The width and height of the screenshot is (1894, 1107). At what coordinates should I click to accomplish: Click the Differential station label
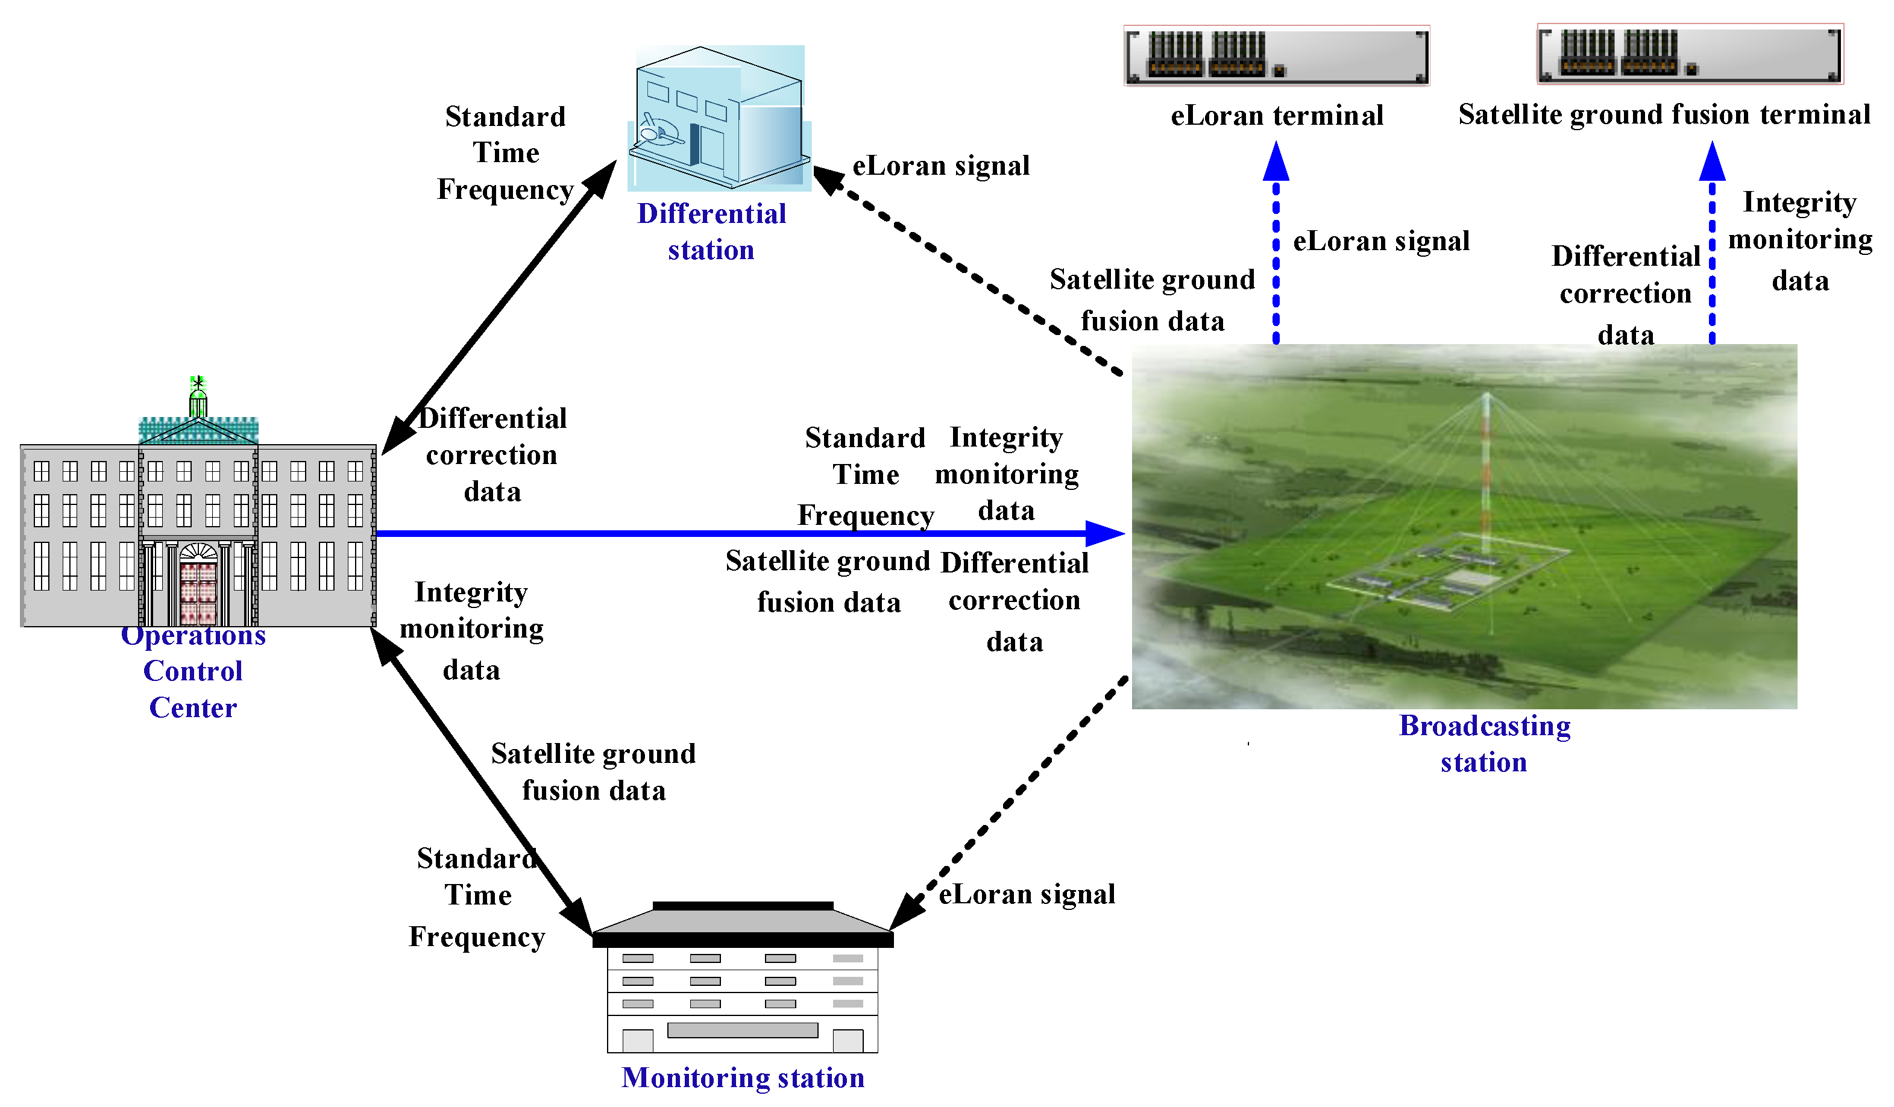tap(711, 231)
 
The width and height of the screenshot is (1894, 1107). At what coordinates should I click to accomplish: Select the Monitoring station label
tap(743, 1077)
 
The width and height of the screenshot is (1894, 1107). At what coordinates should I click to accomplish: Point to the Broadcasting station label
tap(1484, 744)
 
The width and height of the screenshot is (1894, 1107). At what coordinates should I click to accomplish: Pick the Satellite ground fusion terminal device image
tap(1690, 54)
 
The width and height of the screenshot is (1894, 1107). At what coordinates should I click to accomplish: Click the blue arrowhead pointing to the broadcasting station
tap(1105, 533)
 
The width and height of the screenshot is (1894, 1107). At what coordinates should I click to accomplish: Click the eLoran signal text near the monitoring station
tap(1027, 894)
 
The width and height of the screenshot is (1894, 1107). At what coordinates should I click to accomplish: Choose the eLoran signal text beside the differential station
tap(940, 166)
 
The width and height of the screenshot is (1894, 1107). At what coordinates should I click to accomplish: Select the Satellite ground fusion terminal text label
tap(1664, 115)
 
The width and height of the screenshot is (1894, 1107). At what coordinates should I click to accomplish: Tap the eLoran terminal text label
tap(1277, 116)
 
